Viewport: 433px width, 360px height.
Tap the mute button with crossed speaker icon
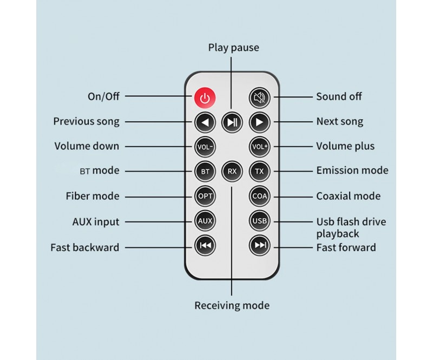[x=259, y=97]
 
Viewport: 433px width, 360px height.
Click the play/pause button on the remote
[x=232, y=122]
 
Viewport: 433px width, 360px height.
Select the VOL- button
[x=205, y=146]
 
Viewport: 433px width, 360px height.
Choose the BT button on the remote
[x=205, y=171]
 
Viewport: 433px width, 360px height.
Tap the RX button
[x=232, y=171]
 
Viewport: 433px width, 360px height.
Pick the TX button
[x=259, y=171]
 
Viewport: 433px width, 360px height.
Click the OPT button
[x=205, y=196]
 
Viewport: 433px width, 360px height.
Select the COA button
[x=259, y=196]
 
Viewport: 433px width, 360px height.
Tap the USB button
[x=259, y=221]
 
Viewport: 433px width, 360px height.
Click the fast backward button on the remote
[x=205, y=246]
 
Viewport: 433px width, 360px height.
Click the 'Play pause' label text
[x=233, y=48]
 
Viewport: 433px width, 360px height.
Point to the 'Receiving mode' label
[x=232, y=306]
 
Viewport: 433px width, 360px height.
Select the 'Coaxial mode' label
[x=348, y=196]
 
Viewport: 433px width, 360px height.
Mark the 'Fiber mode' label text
[x=92, y=196]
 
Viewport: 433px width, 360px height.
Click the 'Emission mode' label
[x=352, y=171]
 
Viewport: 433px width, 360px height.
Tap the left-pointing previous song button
[x=205, y=122]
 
